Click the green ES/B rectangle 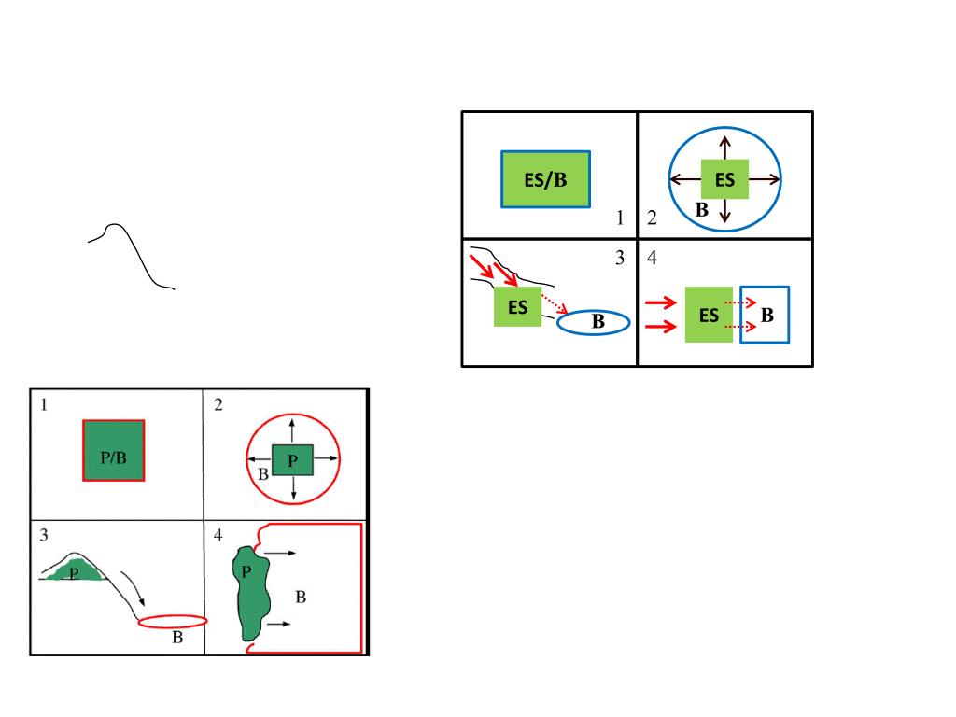[546, 179]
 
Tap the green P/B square [114, 450]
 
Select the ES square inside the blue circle [725, 179]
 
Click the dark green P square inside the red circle [293, 460]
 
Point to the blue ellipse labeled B [595, 323]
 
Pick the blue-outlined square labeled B [765, 315]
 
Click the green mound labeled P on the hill [72, 572]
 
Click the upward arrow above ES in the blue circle [725, 148]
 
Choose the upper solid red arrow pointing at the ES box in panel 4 [661, 302]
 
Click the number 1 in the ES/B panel [619, 218]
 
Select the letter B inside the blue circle [702, 210]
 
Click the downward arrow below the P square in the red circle [293, 487]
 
